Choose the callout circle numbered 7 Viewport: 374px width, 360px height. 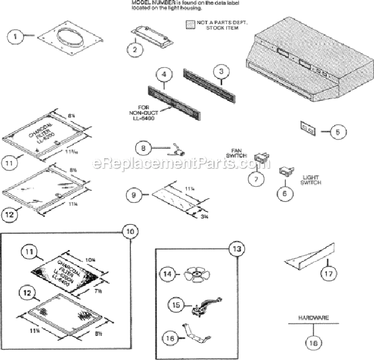[x=256, y=179]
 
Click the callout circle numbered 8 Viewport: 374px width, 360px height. [x=144, y=147]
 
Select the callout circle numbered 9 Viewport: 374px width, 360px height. [x=136, y=194]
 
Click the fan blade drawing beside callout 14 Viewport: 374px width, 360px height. [x=196, y=273]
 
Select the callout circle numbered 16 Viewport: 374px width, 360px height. [x=170, y=339]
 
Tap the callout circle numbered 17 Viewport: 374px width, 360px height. [x=326, y=273]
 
